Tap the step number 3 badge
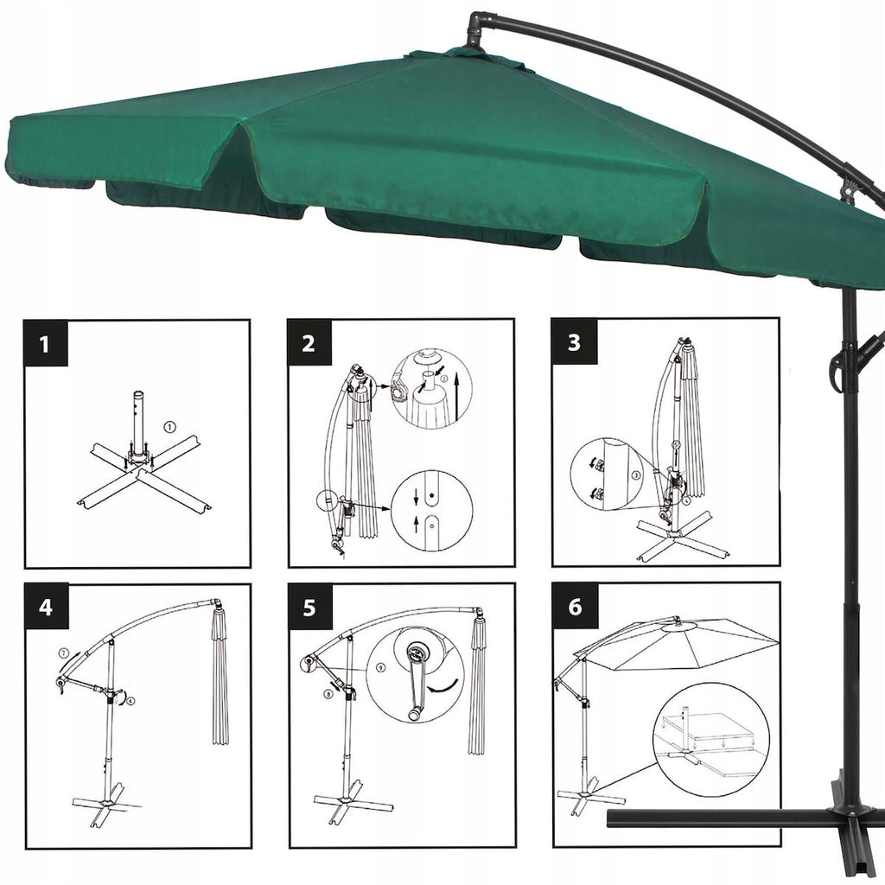click(573, 342)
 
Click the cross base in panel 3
click(679, 535)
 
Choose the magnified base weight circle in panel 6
click(710, 737)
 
